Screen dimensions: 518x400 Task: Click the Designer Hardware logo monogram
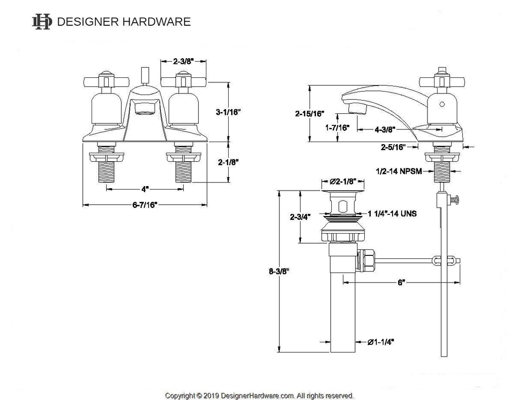[x=42, y=22]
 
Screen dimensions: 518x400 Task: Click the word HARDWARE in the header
[x=157, y=22]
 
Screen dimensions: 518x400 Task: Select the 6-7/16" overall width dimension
[x=145, y=205]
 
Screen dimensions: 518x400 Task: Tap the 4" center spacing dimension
[x=145, y=189]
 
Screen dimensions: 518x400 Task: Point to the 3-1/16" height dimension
[x=228, y=112]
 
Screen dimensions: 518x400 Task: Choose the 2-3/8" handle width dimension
[x=183, y=61]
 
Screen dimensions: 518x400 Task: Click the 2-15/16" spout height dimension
[x=310, y=114]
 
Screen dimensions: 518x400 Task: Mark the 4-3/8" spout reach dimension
[x=385, y=130]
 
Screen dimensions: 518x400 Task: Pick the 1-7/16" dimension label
[x=337, y=127]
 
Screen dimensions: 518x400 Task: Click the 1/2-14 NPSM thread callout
[x=399, y=171]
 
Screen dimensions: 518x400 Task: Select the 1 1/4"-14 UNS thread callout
[x=392, y=214]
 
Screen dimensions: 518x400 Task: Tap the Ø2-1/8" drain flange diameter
[x=343, y=182]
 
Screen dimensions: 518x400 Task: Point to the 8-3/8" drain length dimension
[x=279, y=272]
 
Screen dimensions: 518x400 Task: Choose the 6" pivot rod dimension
[x=401, y=283]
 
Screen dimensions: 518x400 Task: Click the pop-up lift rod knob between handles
[x=145, y=76]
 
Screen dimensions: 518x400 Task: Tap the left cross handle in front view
[x=106, y=80]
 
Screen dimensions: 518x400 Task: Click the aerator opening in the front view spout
[x=145, y=108]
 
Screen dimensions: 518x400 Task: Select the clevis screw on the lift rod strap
[x=454, y=199]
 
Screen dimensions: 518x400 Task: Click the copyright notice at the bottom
[x=260, y=395]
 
